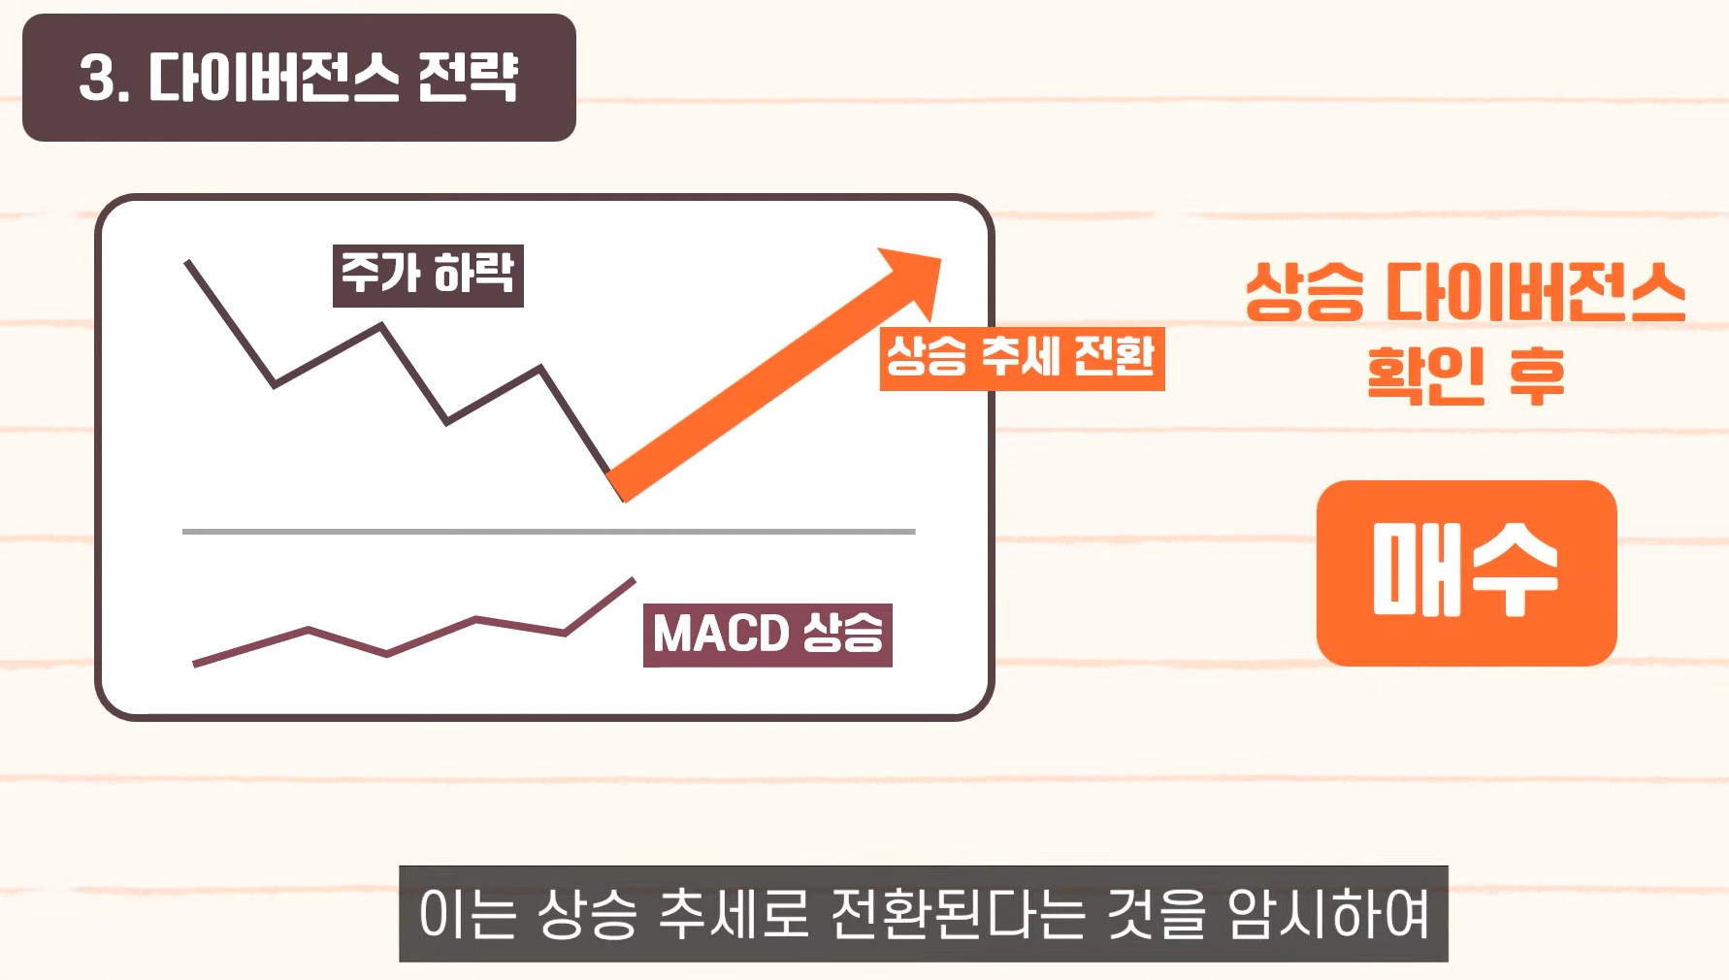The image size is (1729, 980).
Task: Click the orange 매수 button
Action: pyautogui.click(x=1466, y=572)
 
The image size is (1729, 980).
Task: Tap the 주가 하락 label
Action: pyautogui.click(x=428, y=276)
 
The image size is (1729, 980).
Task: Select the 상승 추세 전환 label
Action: pyautogui.click(x=1022, y=358)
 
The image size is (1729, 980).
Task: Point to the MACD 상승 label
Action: pyautogui.click(x=767, y=636)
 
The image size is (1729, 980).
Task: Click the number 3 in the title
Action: pyautogui.click(x=97, y=78)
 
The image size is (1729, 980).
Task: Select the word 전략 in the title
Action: pyautogui.click(x=468, y=78)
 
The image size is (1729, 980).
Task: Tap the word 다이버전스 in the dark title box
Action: pyautogui.click(x=273, y=78)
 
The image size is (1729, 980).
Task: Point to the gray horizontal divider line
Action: pyautogui.click(x=548, y=532)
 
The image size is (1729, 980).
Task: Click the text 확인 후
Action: pyautogui.click(x=1465, y=376)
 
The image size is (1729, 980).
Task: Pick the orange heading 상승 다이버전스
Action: pyautogui.click(x=1465, y=292)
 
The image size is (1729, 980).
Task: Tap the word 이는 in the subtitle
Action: pyautogui.click(x=467, y=914)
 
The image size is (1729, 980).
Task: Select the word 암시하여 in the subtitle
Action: pyautogui.click(x=1328, y=914)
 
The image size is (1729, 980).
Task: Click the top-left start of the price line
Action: pyautogui.click(x=188, y=263)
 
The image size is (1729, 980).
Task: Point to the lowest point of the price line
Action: pyautogui.click(x=621, y=498)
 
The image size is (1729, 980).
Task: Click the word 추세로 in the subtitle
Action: pyautogui.click(x=733, y=914)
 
